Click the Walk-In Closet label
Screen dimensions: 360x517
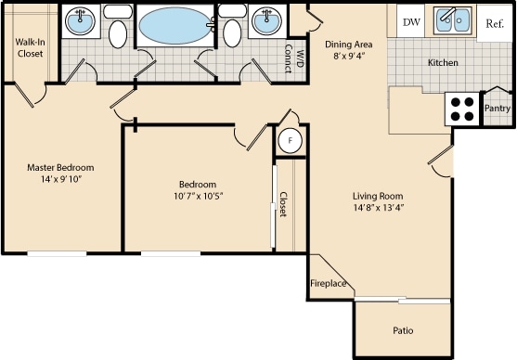coord(30,47)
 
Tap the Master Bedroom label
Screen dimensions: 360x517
coord(60,168)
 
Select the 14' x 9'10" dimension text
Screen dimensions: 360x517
coord(60,181)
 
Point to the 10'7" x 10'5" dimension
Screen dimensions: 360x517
coord(198,196)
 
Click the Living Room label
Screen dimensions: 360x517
coord(377,196)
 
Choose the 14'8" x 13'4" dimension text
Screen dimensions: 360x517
coord(377,209)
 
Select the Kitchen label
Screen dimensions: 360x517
coord(443,63)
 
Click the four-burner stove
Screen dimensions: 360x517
coord(463,109)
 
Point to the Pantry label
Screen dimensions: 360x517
coord(498,109)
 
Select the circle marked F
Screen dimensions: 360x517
coord(290,140)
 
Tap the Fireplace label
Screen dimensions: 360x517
coord(328,284)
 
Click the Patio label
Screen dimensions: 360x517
coord(403,330)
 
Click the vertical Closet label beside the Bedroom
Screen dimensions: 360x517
coord(284,204)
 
